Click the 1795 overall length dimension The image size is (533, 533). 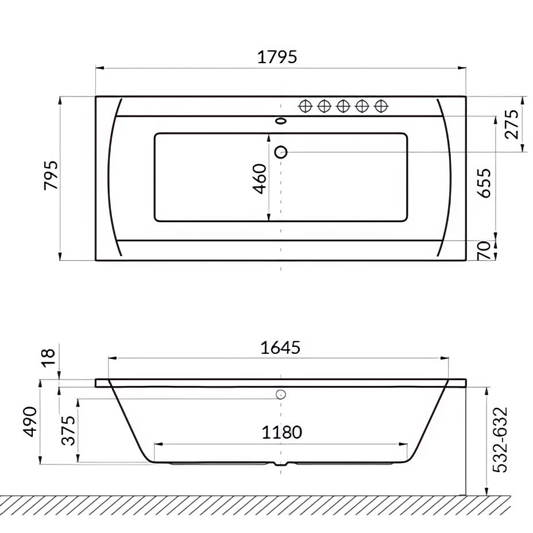(277, 57)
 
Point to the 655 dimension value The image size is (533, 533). (485, 183)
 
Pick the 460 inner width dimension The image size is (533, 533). (259, 179)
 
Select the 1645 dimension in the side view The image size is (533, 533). (280, 347)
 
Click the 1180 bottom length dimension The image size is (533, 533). (281, 432)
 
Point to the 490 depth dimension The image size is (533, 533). (30, 422)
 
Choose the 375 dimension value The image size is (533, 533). (69, 430)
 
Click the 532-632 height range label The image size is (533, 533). (501, 439)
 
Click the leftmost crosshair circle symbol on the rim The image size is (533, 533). (306, 106)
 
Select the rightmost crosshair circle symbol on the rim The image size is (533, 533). (380, 106)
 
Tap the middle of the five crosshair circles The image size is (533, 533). (343, 106)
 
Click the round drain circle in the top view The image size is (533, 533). (281, 152)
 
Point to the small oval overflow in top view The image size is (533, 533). (281, 121)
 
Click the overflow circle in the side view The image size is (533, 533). (281, 394)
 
